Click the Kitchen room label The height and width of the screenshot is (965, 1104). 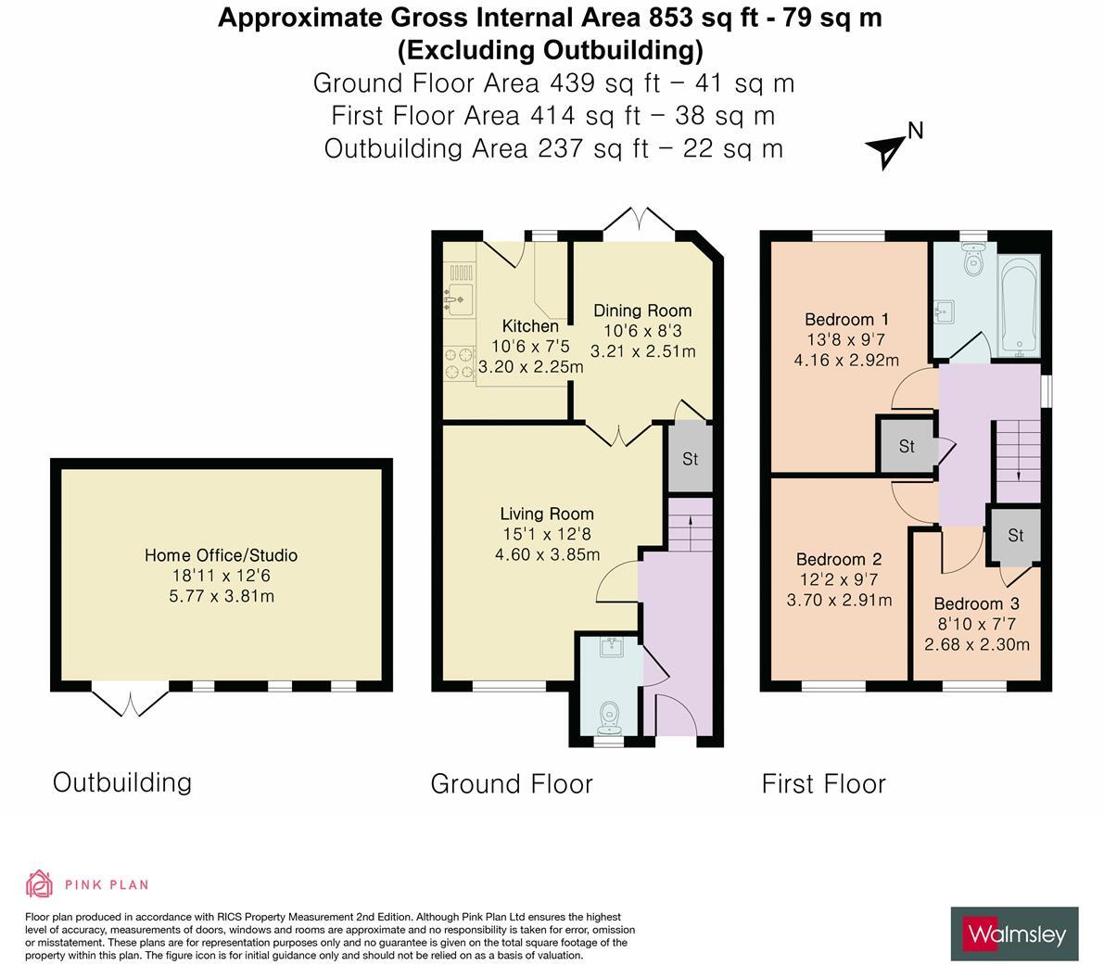(x=530, y=326)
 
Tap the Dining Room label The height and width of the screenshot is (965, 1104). (x=642, y=311)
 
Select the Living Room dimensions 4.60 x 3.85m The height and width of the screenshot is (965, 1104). (x=547, y=554)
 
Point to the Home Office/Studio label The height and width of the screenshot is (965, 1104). (x=222, y=555)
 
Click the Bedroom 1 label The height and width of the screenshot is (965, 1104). (x=846, y=320)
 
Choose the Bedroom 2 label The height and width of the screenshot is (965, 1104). (x=839, y=560)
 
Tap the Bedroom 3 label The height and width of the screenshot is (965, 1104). (x=977, y=603)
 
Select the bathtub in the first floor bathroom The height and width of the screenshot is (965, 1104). (x=1019, y=307)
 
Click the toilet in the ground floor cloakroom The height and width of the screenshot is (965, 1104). (x=608, y=717)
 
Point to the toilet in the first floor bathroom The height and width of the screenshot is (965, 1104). (x=973, y=259)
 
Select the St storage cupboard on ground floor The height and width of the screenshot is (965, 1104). (x=690, y=458)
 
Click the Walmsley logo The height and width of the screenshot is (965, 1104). (x=1015, y=934)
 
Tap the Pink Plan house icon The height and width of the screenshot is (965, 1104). (x=40, y=884)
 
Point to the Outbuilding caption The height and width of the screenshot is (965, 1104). (x=122, y=782)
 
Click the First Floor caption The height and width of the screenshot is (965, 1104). (x=824, y=783)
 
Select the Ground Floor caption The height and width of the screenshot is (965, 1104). (x=512, y=783)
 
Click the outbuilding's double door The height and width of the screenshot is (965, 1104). (x=131, y=700)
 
